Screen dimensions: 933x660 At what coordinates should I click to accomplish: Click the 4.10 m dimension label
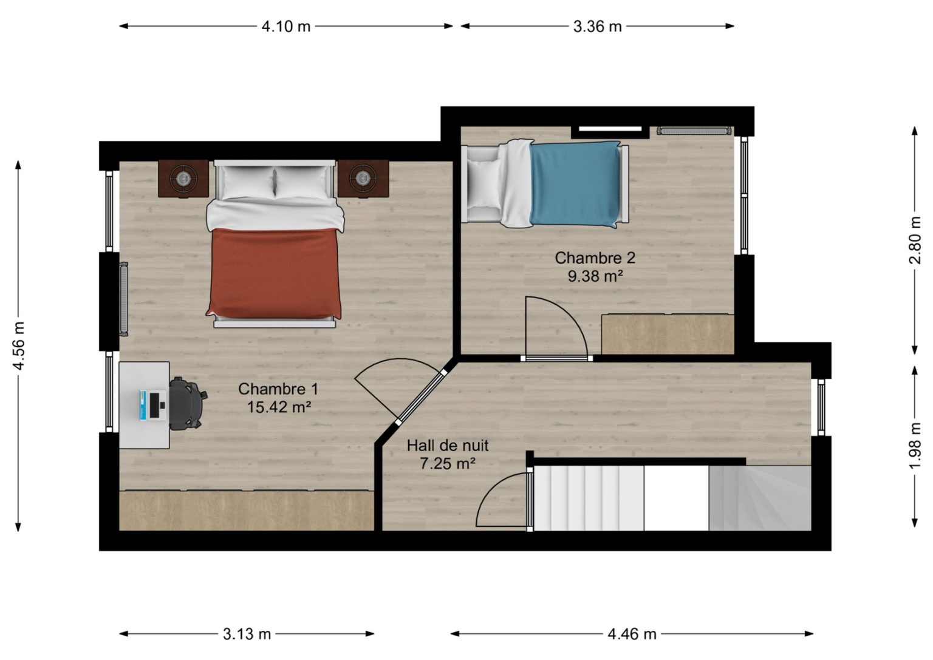[x=285, y=27]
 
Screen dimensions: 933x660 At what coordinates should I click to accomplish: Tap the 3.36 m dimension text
[x=597, y=27]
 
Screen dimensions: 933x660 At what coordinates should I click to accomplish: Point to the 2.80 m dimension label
[x=915, y=240]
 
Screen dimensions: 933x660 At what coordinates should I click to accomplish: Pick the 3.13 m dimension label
[x=247, y=634]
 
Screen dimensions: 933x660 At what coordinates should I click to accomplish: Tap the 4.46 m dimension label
[x=632, y=634]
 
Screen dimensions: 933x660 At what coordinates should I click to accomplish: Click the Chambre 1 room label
[x=278, y=389]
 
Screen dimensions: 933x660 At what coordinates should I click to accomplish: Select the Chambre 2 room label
[x=595, y=258]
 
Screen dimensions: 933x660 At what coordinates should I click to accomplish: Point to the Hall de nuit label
[x=447, y=446]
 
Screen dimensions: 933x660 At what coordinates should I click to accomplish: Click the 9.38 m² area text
[x=595, y=276]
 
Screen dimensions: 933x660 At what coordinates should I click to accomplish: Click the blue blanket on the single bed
[x=575, y=184]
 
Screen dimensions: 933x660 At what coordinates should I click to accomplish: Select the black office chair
[x=186, y=403]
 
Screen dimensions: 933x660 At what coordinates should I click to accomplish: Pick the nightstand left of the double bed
[x=183, y=179]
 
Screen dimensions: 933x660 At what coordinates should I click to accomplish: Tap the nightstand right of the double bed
[x=363, y=179]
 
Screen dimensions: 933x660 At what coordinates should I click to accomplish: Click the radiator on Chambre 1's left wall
[x=124, y=299]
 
